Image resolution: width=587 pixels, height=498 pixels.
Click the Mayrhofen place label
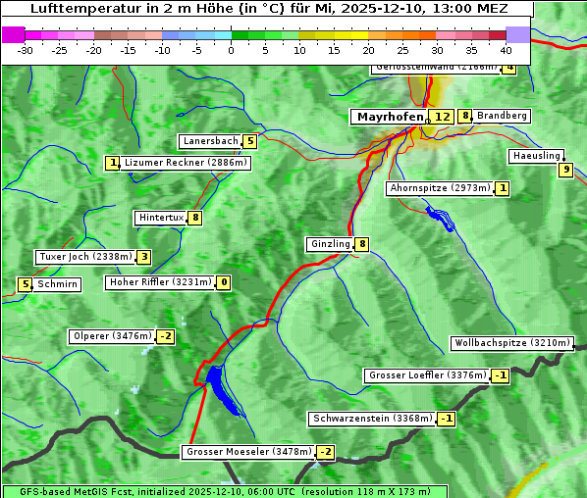tap(390, 117)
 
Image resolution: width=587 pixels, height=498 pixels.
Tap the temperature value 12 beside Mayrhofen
tap(442, 117)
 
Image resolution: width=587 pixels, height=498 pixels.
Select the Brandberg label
tap(502, 116)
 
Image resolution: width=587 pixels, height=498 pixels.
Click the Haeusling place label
tap(536, 156)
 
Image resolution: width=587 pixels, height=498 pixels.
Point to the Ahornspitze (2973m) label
tap(440, 187)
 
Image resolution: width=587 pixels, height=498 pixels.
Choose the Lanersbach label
tap(211, 141)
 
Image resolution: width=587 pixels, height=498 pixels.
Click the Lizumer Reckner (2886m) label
tap(186, 163)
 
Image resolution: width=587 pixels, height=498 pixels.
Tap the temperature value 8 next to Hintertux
tap(194, 218)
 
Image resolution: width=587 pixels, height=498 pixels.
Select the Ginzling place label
tap(330, 244)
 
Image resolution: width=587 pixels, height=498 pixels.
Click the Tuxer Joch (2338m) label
tap(85, 257)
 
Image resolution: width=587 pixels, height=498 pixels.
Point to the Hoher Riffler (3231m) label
tap(159, 282)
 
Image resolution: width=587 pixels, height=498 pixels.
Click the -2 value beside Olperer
tap(165, 336)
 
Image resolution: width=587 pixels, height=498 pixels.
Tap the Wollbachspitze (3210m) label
tap(511, 343)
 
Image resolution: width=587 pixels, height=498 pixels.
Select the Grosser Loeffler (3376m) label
tap(427, 375)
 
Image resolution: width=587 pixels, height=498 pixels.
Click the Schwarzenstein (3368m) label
tap(372, 419)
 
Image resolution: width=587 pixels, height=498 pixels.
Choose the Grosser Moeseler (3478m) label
tap(248, 452)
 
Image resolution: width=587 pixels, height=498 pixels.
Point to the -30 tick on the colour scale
tap(26, 49)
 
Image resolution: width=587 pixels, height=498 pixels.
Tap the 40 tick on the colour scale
tap(506, 49)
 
